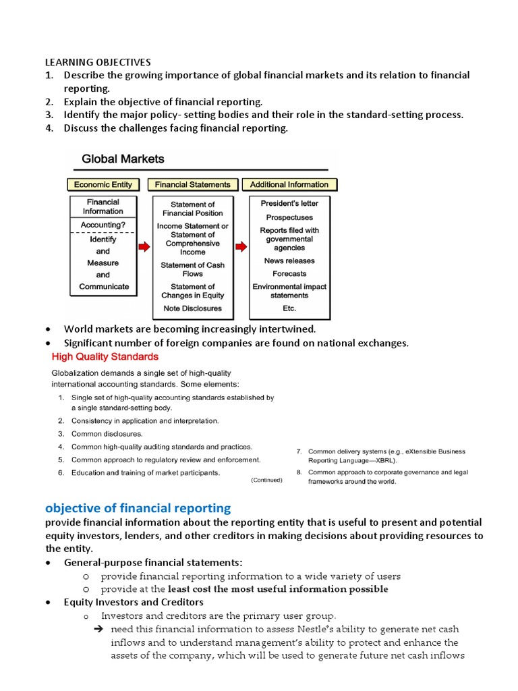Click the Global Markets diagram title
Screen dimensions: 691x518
click(x=123, y=159)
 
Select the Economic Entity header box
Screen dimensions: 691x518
click(x=103, y=184)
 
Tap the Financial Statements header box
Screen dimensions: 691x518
click(x=192, y=184)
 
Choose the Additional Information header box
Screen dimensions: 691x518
click(x=289, y=184)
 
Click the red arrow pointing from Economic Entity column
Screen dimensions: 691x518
click(x=144, y=248)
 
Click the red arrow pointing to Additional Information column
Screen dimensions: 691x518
click(x=241, y=248)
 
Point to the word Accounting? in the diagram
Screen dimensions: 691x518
click(x=103, y=225)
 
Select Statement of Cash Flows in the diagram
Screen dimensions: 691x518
click(x=192, y=269)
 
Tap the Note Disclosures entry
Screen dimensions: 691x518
click(x=192, y=308)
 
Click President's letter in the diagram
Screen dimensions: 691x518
click(x=289, y=203)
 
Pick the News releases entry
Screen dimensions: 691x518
click(x=289, y=260)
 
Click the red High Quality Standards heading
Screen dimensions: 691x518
click(x=105, y=356)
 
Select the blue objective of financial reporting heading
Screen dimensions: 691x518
click(x=138, y=507)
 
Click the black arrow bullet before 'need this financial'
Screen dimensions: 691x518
click(x=96, y=630)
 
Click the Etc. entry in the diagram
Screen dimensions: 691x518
click(x=289, y=308)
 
